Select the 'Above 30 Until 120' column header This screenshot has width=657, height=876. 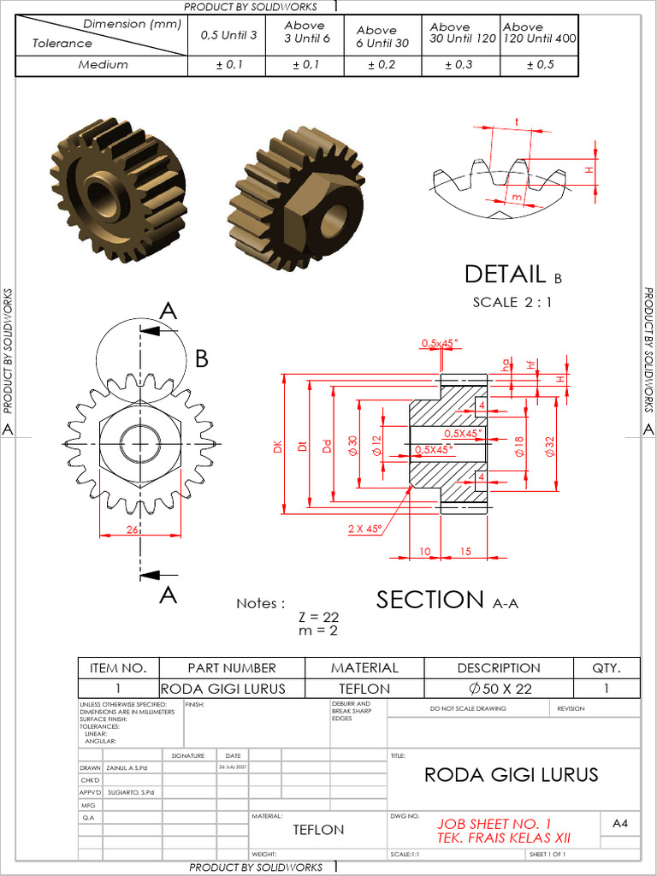click(462, 33)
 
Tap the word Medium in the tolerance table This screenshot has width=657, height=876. click(103, 64)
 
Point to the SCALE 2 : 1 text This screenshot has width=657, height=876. click(512, 302)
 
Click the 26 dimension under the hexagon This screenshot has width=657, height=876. click(133, 530)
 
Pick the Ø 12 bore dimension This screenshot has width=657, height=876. click(377, 444)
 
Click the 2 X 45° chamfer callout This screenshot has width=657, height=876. click(364, 529)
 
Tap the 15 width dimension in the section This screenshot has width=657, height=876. click(465, 552)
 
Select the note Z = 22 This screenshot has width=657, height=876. click(318, 617)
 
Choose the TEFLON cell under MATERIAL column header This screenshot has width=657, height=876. click(365, 688)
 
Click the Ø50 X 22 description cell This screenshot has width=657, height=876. click(499, 688)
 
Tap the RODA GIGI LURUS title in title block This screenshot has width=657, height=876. click(511, 775)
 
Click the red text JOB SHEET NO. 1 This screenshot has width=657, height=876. click(494, 824)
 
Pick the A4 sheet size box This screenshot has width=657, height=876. click(620, 823)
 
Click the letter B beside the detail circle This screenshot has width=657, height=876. click(202, 358)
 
